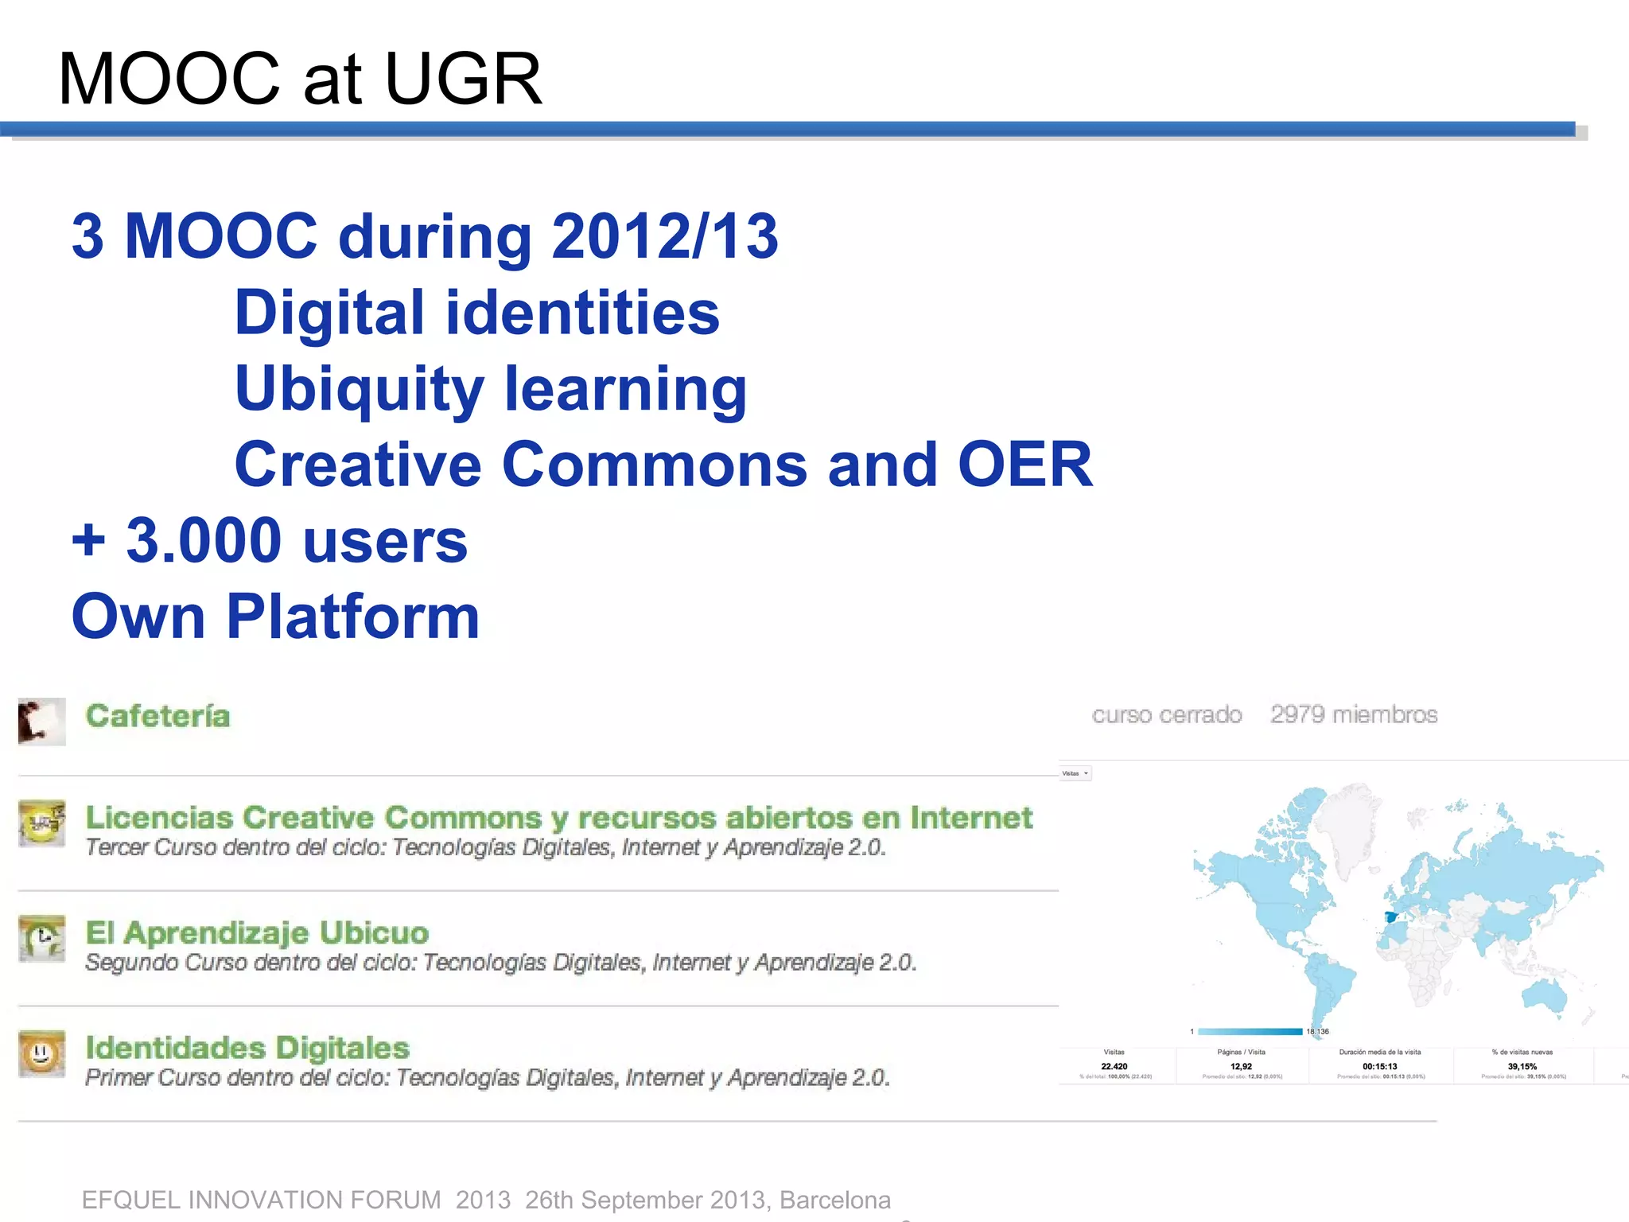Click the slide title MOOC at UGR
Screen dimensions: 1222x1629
300,79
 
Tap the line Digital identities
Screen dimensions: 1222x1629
476,313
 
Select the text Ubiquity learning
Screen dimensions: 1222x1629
491,389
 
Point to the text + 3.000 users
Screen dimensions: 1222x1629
270,541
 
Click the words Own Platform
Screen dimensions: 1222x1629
275,617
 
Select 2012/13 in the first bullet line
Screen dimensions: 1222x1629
665,236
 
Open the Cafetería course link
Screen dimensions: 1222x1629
157,716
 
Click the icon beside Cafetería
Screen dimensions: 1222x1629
41,721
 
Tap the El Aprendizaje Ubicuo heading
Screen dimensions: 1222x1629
257,932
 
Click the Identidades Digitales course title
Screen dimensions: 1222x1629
247,1048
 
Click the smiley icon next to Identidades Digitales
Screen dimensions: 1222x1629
41,1054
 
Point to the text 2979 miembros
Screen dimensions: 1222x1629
1354,714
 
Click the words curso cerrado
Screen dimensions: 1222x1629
1166,714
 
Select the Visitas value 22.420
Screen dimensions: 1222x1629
1114,1066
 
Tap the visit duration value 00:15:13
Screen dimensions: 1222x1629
1379,1066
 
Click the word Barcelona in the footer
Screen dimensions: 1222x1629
834,1200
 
